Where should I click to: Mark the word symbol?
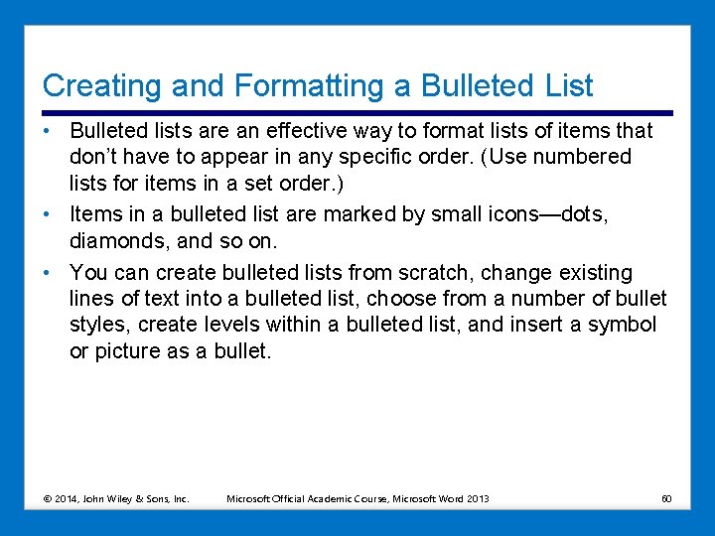click(x=622, y=326)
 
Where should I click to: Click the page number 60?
click(x=666, y=498)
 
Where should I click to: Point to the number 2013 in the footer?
click(x=476, y=498)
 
